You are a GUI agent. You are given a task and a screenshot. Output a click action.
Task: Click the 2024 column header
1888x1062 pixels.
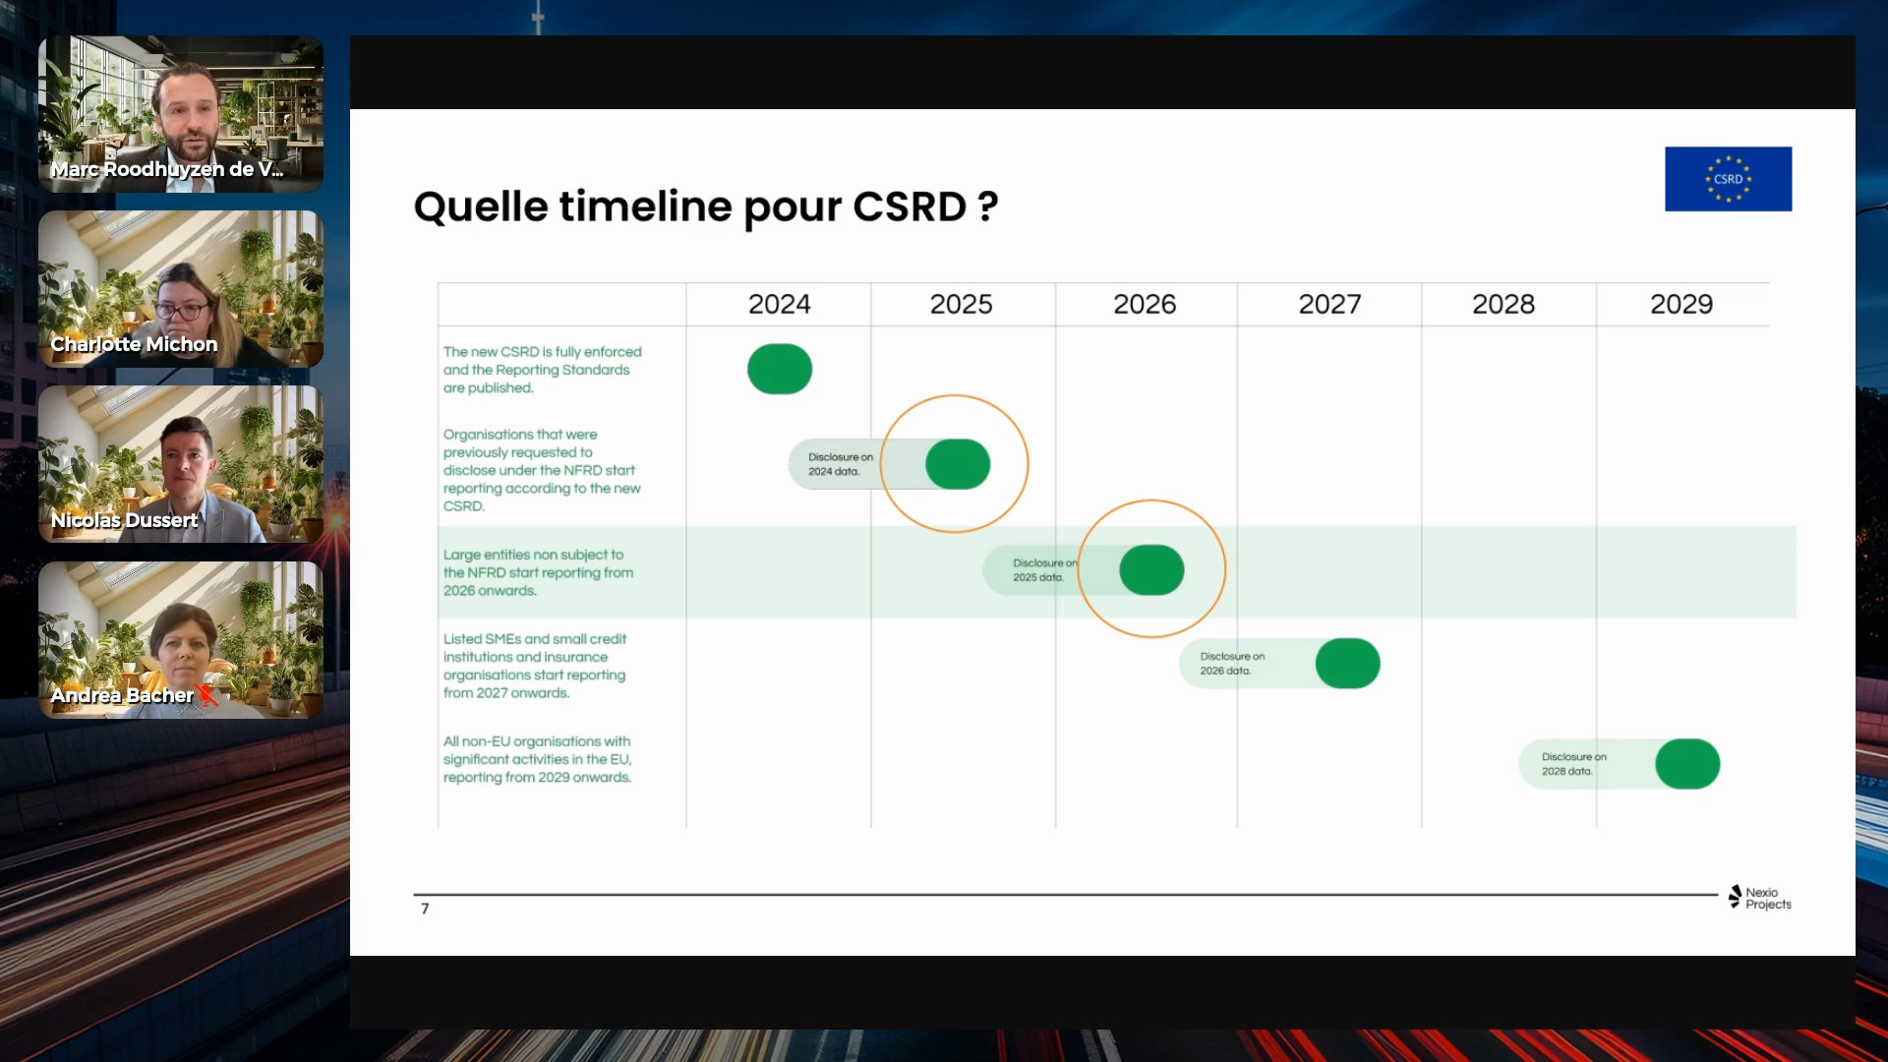click(x=779, y=304)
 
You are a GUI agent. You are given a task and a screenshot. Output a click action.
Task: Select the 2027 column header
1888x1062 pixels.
click(x=1329, y=304)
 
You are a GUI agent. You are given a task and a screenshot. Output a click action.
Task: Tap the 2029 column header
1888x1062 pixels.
click(x=1681, y=304)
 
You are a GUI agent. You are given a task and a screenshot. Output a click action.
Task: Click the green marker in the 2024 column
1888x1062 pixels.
click(x=780, y=369)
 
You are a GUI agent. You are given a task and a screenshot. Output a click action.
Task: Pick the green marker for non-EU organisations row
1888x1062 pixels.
click(x=1687, y=764)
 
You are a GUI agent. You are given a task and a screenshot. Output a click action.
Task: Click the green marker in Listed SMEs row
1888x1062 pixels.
click(x=1347, y=664)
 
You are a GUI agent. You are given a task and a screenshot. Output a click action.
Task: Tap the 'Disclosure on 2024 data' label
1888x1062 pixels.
click(x=840, y=464)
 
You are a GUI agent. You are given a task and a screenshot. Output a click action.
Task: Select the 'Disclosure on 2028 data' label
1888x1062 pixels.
click(x=1573, y=764)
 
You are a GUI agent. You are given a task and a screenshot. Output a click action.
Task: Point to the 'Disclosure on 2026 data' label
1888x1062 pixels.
click(x=1231, y=664)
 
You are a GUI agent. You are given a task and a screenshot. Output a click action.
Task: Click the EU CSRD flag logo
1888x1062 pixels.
click(x=1728, y=179)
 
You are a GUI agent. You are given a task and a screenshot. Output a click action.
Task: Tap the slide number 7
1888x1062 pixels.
click(x=425, y=909)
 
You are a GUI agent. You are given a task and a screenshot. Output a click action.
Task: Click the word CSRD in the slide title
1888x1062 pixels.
click(x=910, y=206)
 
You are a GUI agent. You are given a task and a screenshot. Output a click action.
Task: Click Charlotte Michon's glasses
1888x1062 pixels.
click(x=182, y=312)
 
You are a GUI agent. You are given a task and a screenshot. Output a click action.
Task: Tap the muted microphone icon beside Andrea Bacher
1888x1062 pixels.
click(x=207, y=695)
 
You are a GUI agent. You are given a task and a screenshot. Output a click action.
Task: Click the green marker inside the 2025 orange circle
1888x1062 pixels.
click(x=957, y=464)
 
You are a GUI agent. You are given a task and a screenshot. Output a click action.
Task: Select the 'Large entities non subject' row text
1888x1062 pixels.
click(x=538, y=572)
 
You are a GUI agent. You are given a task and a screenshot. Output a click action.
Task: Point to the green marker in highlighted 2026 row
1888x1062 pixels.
click(x=1151, y=570)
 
